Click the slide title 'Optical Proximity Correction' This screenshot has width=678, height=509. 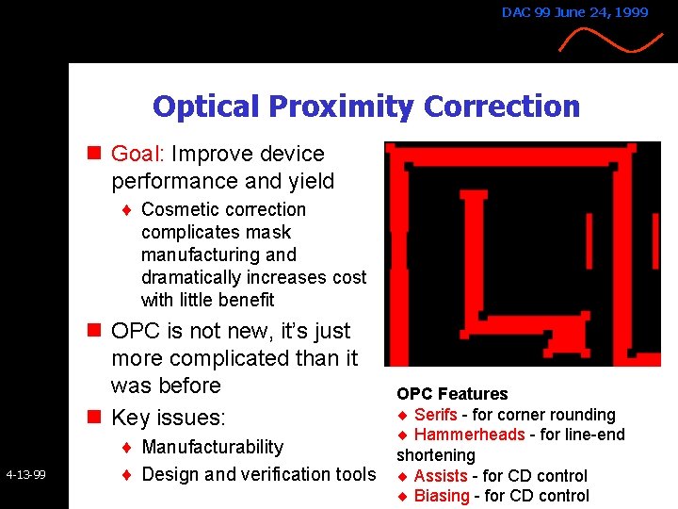click(366, 107)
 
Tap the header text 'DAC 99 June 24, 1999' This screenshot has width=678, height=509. click(574, 12)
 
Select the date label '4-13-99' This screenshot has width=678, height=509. click(25, 474)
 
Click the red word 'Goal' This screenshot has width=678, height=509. click(137, 154)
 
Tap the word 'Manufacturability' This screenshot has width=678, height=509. click(212, 447)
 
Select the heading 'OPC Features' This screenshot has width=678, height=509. click(452, 394)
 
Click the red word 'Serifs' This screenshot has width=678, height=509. click(435, 415)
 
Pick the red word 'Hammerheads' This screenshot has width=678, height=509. click(469, 435)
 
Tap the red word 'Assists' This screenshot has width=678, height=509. click(440, 476)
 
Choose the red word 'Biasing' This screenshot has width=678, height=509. click(441, 496)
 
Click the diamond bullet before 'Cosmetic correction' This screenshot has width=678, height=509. click(126, 210)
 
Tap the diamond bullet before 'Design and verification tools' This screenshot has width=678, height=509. click(126, 474)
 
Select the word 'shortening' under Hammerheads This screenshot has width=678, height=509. click(436, 455)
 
